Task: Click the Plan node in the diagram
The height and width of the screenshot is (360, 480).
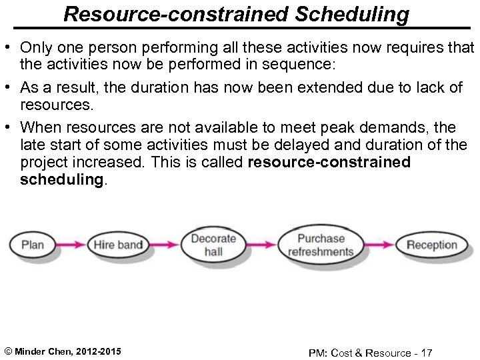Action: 33,245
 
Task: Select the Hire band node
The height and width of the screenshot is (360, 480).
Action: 118,245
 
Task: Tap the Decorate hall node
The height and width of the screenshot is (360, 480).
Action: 213,245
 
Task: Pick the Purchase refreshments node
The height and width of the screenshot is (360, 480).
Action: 321,245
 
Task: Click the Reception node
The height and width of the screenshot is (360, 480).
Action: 431,245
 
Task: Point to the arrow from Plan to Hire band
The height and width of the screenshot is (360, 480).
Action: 71,245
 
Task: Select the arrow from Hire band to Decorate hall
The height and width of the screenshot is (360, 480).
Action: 165,245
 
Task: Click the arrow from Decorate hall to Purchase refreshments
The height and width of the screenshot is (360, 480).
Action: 260,245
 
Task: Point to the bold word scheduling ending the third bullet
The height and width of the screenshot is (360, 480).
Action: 61,181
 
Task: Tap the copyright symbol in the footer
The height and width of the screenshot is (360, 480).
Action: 7,351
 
